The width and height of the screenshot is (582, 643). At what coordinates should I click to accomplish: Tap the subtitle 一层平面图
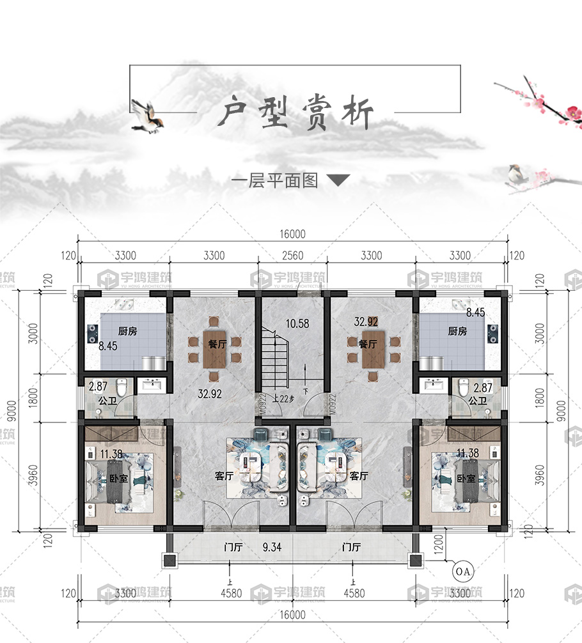click(274, 181)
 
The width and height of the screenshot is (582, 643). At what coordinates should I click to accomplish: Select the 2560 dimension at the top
click(292, 256)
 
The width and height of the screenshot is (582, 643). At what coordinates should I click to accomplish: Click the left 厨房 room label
click(127, 331)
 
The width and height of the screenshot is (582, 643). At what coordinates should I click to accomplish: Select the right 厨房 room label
click(457, 331)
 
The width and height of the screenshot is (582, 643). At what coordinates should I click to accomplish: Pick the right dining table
click(372, 348)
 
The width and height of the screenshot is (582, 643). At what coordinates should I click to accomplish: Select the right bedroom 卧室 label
click(466, 478)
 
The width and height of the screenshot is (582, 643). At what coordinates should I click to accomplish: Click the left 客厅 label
click(223, 476)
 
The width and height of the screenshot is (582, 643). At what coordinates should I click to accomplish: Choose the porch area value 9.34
click(274, 547)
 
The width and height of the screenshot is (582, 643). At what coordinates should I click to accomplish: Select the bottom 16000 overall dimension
click(292, 615)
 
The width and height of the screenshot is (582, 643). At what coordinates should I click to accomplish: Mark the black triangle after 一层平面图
click(338, 181)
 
